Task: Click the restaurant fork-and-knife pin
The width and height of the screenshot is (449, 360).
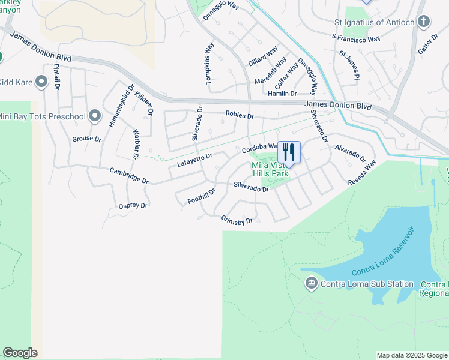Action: pos(289,152)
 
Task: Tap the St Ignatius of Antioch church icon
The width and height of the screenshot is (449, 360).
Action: pos(424,23)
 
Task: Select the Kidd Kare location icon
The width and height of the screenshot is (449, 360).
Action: pos(41,82)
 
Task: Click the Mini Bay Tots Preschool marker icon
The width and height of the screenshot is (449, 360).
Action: pos(94,116)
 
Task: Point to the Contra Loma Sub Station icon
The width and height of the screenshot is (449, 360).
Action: pos(311,284)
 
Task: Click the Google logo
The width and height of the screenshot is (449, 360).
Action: pos(20,353)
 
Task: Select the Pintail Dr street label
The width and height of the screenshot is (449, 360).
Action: pos(57,76)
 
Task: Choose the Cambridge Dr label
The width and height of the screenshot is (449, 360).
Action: pos(128,175)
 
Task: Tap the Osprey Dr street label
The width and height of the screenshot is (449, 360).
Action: pos(133,206)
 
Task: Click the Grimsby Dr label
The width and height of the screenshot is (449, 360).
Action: pos(237,221)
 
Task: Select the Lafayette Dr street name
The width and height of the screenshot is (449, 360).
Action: pos(194,160)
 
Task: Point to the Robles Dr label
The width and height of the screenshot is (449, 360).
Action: pos(240,115)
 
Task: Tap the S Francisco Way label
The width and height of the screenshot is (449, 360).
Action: pos(356,38)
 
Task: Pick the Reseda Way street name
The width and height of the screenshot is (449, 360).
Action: pos(363,173)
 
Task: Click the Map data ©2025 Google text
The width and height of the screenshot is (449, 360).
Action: pos(412,355)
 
